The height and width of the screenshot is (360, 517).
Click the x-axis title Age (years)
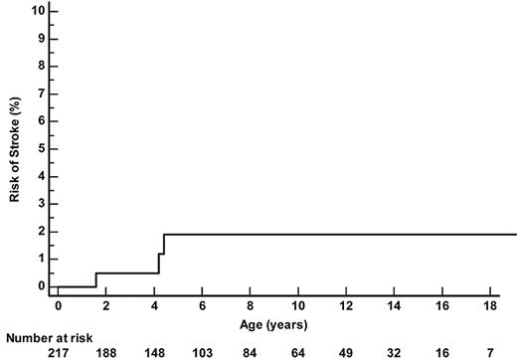point(274,323)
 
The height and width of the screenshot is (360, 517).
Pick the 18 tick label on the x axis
point(490,303)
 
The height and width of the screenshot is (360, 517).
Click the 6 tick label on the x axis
point(202,303)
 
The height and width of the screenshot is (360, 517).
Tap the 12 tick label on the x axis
point(346,303)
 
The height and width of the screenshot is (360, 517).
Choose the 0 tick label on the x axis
point(58,303)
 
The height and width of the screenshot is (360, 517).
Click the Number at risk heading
point(48,336)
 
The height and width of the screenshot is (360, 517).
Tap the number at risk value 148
point(154,351)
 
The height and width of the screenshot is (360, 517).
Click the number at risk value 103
point(202,351)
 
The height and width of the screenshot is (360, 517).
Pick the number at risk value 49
point(346,351)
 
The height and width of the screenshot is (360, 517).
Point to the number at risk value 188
point(105,351)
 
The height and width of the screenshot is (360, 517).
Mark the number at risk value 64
point(298,351)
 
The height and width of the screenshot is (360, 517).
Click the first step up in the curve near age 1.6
point(96,279)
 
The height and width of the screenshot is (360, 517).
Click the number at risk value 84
point(251,351)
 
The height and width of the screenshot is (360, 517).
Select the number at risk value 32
point(395,351)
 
